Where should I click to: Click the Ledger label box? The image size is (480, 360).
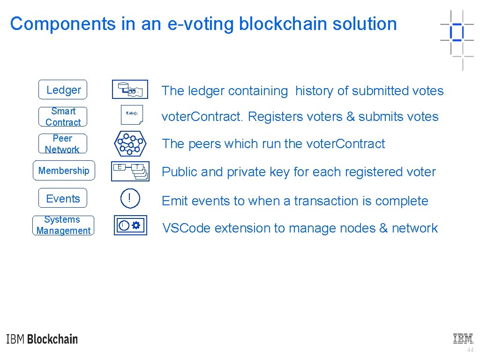[63, 90]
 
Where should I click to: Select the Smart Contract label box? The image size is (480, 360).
[63, 117]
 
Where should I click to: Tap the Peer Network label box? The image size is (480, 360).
[62, 144]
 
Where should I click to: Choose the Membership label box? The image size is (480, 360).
[64, 171]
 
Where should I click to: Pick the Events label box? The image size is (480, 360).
[63, 198]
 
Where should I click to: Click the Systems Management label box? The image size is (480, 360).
[63, 225]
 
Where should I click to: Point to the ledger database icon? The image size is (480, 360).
[130, 90]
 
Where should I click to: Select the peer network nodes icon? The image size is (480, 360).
[130, 144]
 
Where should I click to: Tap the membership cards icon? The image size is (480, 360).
[130, 171]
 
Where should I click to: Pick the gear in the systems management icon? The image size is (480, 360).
[136, 225]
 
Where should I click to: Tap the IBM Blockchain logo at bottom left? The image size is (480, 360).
[42, 339]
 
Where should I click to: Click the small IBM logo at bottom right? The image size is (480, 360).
[463, 338]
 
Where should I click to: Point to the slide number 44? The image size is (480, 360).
[470, 350]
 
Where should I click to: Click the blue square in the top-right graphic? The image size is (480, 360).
[456, 32]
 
